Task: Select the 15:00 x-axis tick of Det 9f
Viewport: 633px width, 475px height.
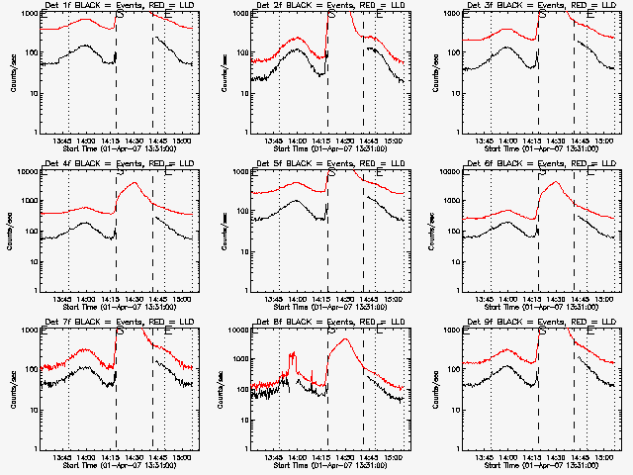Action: coord(604,457)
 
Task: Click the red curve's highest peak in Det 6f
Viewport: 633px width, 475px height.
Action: coord(557,182)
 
